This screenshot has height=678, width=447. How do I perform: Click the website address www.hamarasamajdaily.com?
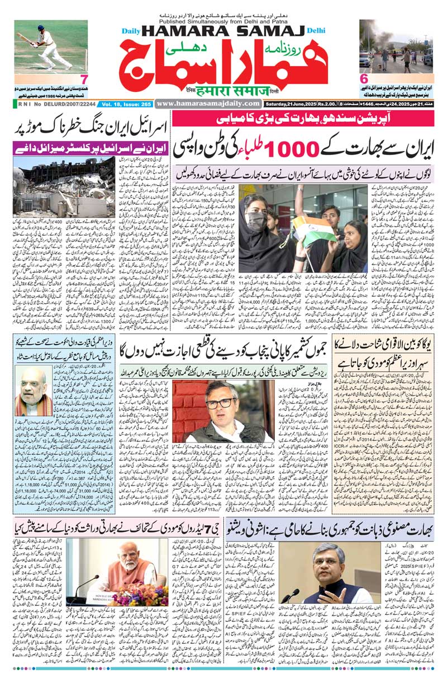click(208, 103)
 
